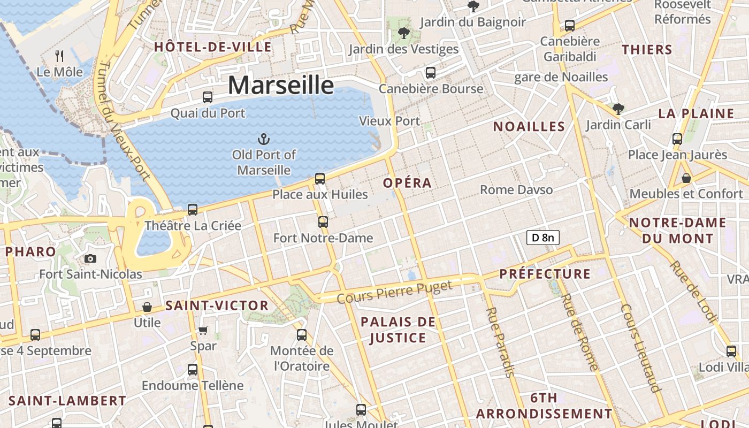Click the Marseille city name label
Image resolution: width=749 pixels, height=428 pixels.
tap(281, 86)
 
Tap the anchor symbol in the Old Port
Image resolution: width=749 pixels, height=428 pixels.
tap(263, 140)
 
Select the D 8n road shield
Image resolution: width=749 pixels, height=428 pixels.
tap(543, 238)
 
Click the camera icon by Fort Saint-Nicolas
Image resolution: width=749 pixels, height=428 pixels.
tap(90, 259)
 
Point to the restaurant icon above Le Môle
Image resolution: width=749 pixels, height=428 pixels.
tap(60, 55)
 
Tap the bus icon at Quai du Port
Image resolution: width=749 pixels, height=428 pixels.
tap(208, 97)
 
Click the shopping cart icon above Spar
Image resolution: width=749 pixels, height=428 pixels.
tap(203, 330)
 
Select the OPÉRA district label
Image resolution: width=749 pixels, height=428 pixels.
tap(407, 183)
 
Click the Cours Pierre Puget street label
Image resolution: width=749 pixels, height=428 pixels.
tap(395, 292)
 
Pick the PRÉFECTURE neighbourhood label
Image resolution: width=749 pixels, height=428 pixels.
tap(545, 274)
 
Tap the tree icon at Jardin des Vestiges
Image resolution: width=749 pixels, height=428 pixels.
tap(404, 34)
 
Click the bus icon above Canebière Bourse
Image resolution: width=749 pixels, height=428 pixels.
tap(431, 73)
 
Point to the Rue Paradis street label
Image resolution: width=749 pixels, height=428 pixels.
tap(500, 342)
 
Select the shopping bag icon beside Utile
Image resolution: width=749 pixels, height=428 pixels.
tap(147, 307)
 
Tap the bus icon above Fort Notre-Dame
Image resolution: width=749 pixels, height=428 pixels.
tap(323, 221)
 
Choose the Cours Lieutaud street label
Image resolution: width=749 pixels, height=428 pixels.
tap(639, 348)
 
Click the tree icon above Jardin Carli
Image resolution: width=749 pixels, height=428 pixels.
tap(618, 109)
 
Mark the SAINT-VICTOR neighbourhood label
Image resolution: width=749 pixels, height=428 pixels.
tap(217, 306)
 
